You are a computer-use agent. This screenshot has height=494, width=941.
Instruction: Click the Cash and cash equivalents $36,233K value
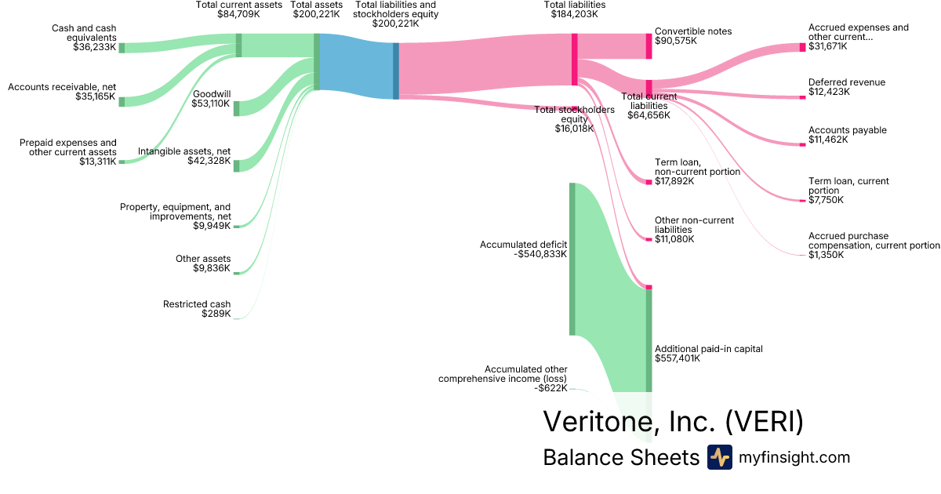(94, 47)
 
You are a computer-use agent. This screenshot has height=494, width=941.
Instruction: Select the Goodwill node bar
(236, 108)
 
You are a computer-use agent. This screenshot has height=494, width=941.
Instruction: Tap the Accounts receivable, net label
(62, 87)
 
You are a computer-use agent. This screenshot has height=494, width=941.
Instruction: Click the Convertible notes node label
(693, 31)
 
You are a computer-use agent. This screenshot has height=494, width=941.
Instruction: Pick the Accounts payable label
(848, 130)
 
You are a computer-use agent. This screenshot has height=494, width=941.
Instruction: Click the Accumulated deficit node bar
(572, 259)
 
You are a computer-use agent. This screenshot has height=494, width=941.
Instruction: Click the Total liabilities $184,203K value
(575, 14)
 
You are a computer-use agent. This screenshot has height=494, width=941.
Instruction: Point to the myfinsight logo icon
(719, 457)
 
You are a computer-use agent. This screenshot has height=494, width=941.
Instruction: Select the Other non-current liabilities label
(695, 225)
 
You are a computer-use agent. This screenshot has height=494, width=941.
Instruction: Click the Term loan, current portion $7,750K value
(827, 200)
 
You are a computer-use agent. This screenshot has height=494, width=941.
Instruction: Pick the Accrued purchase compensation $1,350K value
(827, 255)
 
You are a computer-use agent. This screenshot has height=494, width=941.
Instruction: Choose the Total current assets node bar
(239, 45)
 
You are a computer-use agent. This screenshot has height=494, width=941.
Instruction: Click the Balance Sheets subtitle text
(620, 457)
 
